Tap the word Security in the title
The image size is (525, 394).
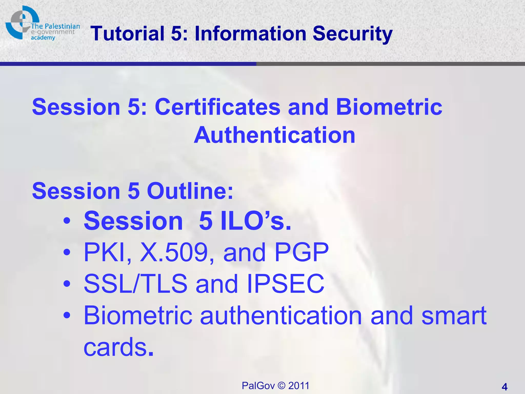coord(352,34)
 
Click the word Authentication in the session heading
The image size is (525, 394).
coord(274,135)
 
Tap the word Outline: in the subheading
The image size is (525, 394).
coord(190,191)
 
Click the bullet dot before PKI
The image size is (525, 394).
coord(67,252)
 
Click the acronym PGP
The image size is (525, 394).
coord(301,252)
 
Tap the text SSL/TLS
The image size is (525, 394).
coord(135,284)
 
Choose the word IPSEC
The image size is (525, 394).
coord(286,284)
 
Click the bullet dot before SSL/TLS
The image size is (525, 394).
coord(67,284)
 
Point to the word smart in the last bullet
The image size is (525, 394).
coord(454,316)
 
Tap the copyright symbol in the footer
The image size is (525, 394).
coord(281,386)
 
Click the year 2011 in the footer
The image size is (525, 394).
coord(299,386)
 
